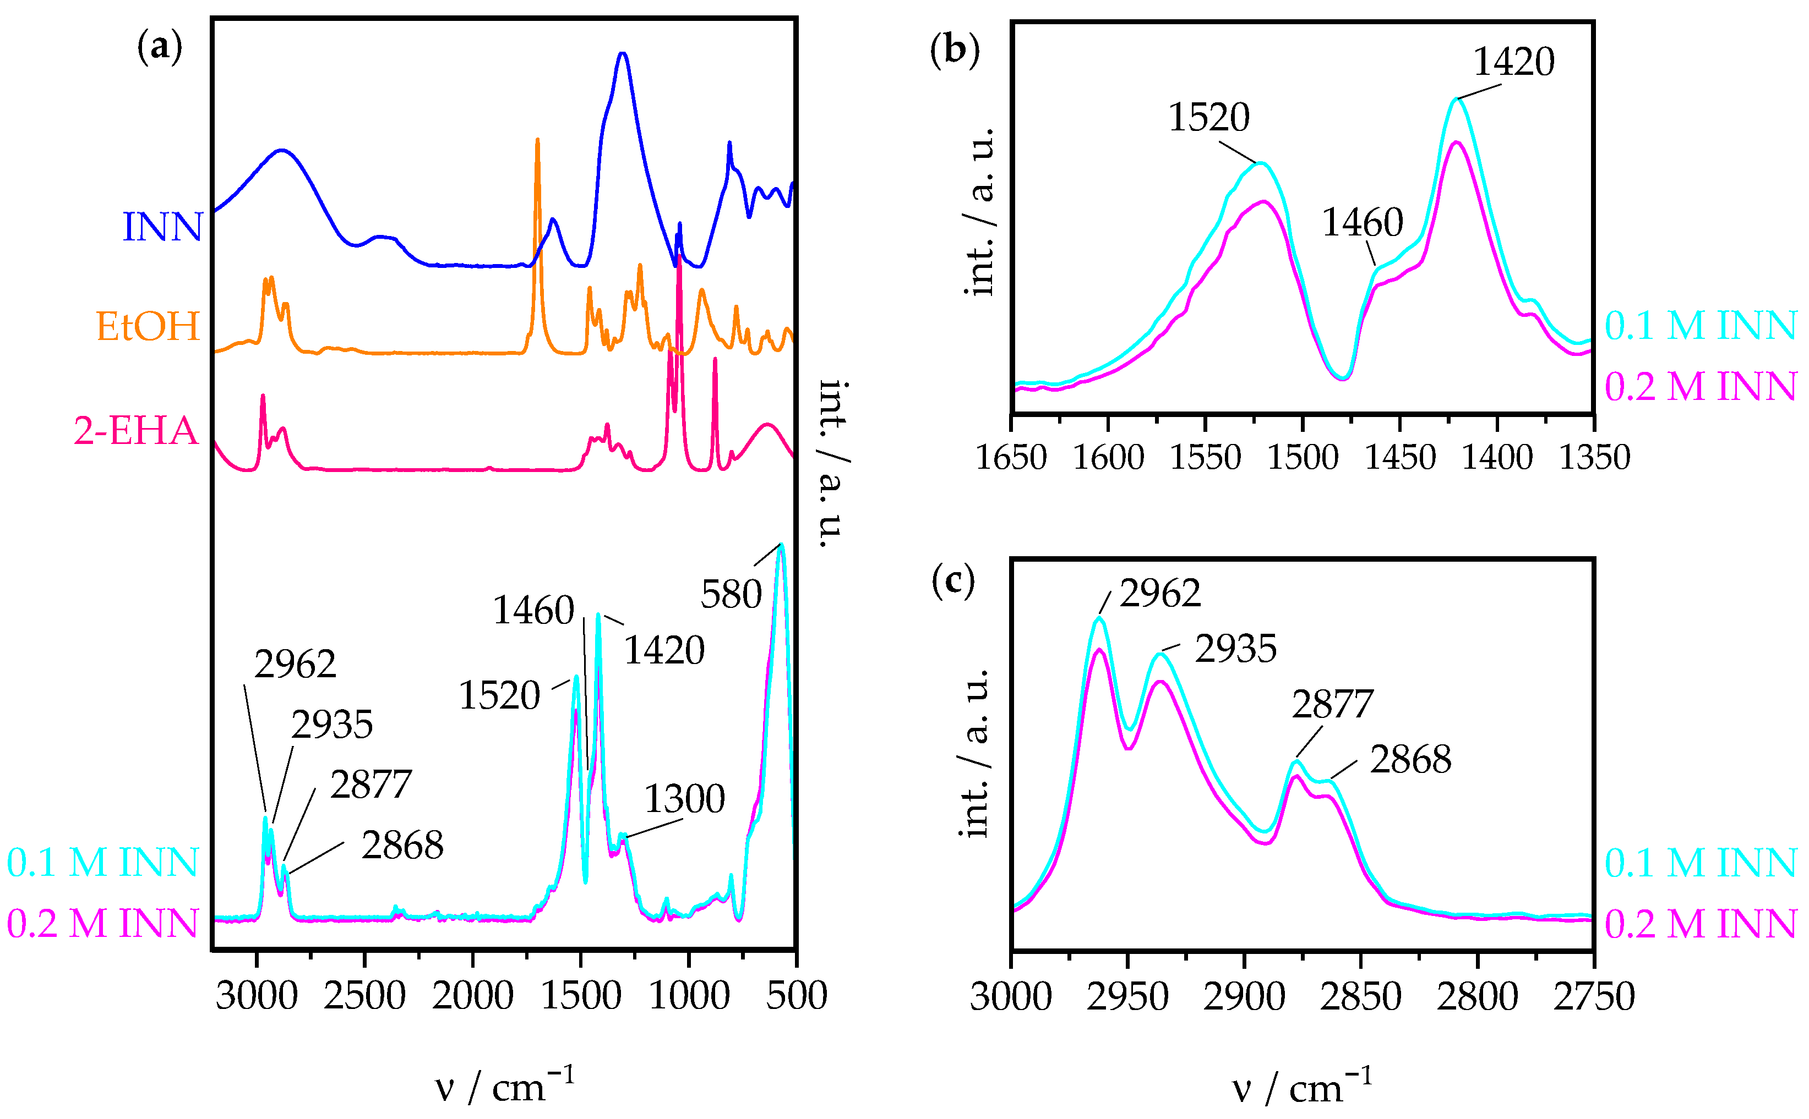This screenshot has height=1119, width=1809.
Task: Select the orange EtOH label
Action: pos(148,326)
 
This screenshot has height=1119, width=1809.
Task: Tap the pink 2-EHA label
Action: pos(136,431)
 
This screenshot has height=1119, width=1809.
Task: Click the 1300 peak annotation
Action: pos(684,799)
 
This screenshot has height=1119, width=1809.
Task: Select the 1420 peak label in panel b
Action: pos(1513,62)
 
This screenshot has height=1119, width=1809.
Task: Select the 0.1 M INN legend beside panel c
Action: pos(1700,864)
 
